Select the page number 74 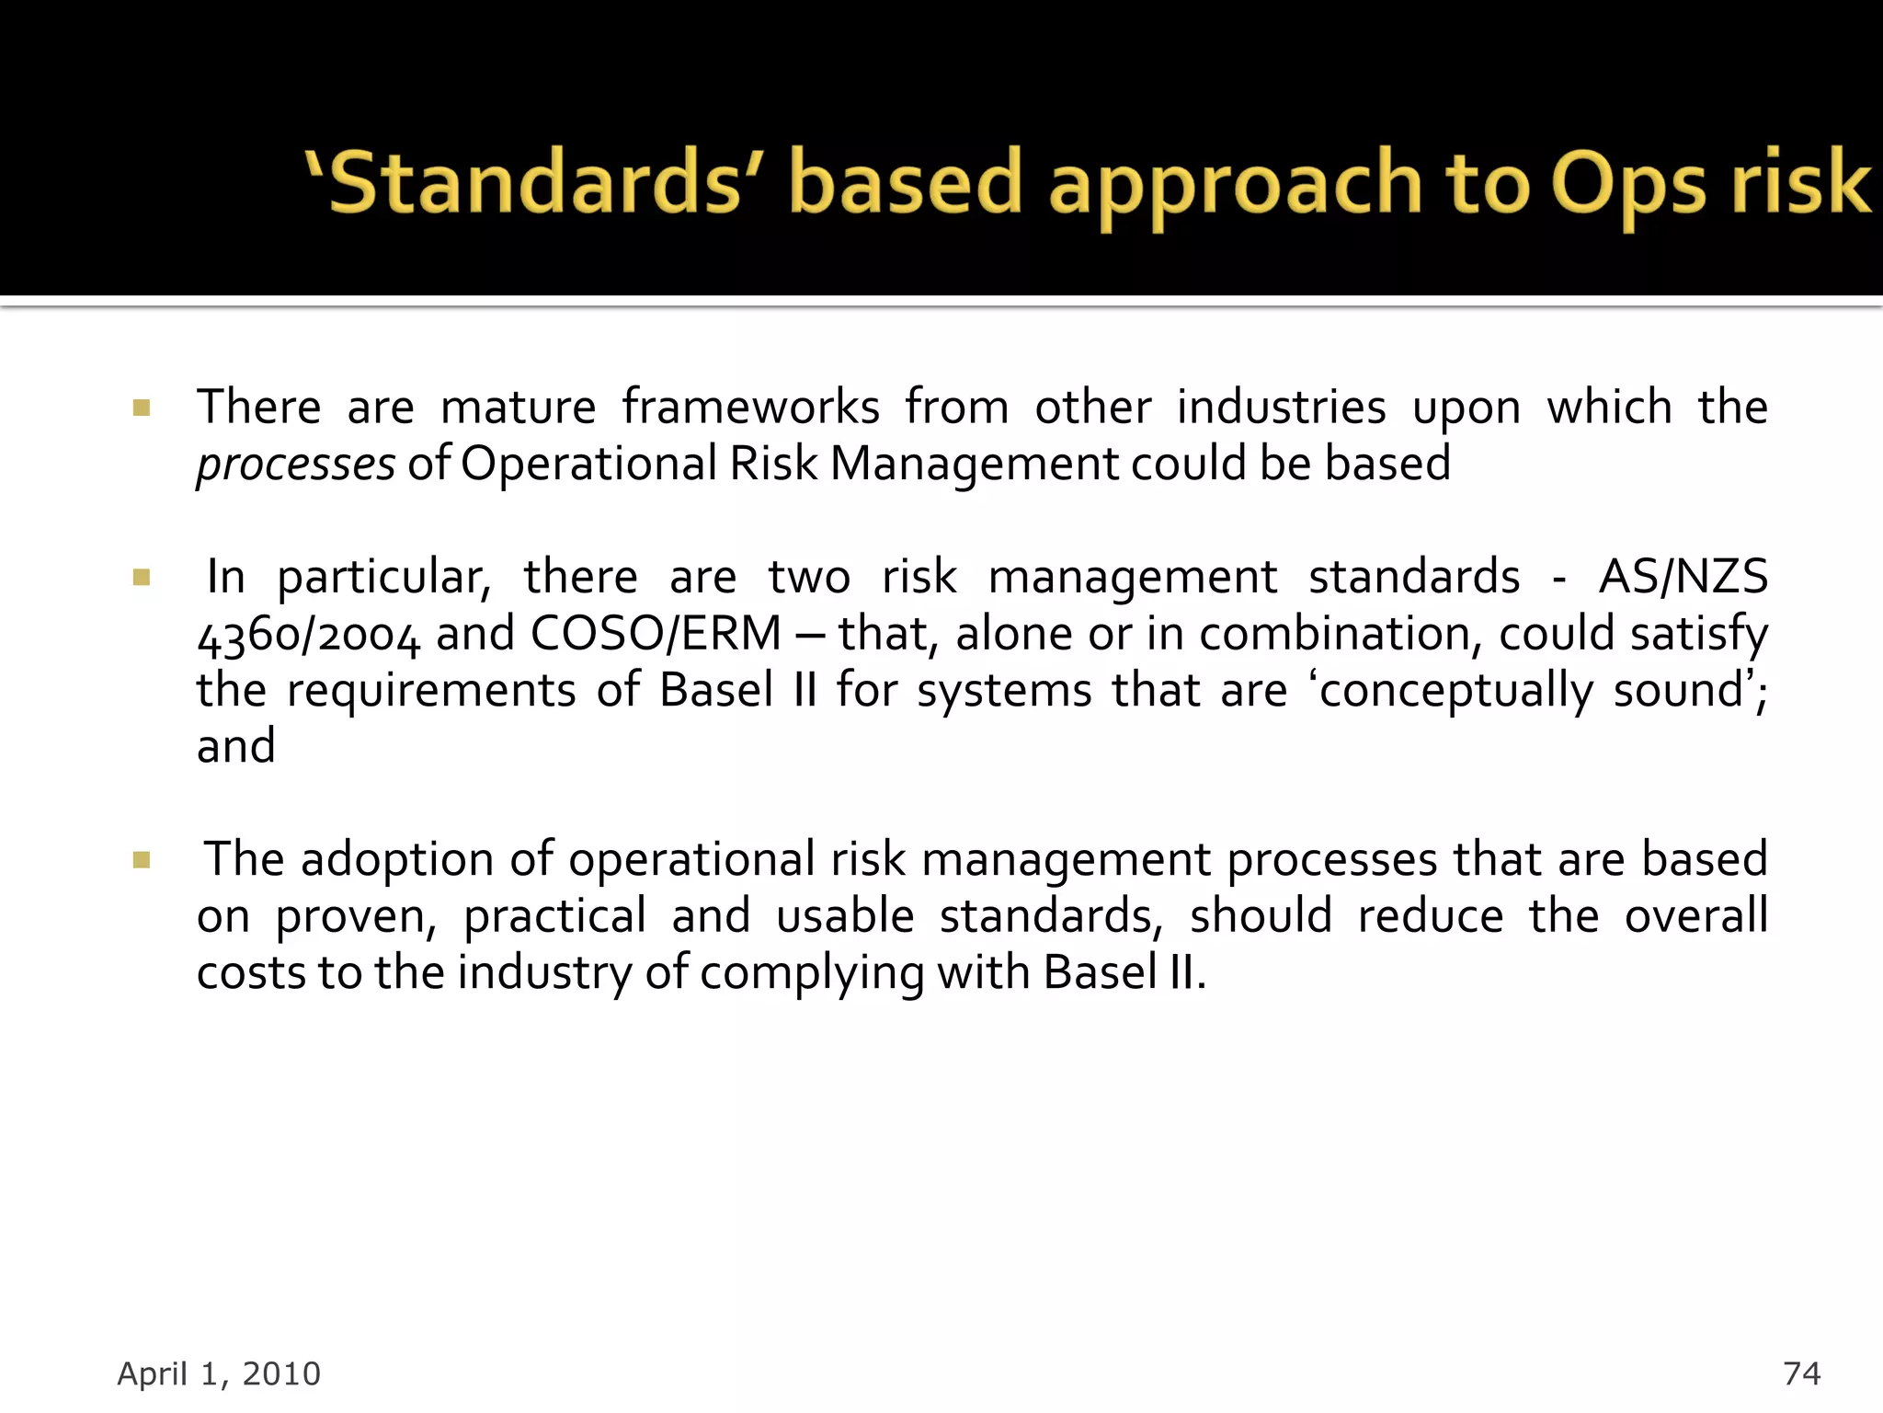pyautogui.click(x=1801, y=1373)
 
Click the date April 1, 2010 pyautogui.click(x=219, y=1373)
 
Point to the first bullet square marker pyautogui.click(x=141, y=408)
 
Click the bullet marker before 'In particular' pyautogui.click(x=141, y=578)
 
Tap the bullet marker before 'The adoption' pyautogui.click(x=141, y=860)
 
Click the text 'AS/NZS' pyautogui.click(x=1683, y=578)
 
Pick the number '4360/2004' pyautogui.click(x=308, y=636)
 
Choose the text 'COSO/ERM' pyautogui.click(x=656, y=634)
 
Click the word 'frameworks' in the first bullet pyautogui.click(x=750, y=408)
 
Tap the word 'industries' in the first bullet pyautogui.click(x=1281, y=408)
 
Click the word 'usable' pyautogui.click(x=844, y=917)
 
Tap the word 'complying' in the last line pyautogui.click(x=811, y=974)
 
